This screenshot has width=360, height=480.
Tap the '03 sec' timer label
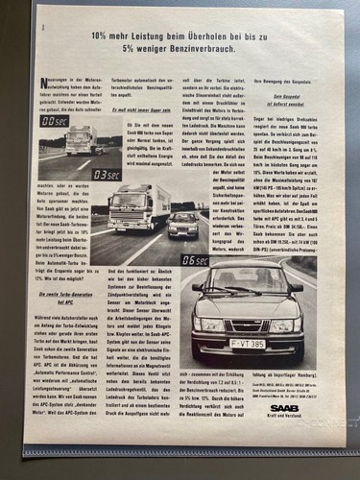107,175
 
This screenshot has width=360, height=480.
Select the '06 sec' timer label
194,259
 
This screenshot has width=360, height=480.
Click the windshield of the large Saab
247,284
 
